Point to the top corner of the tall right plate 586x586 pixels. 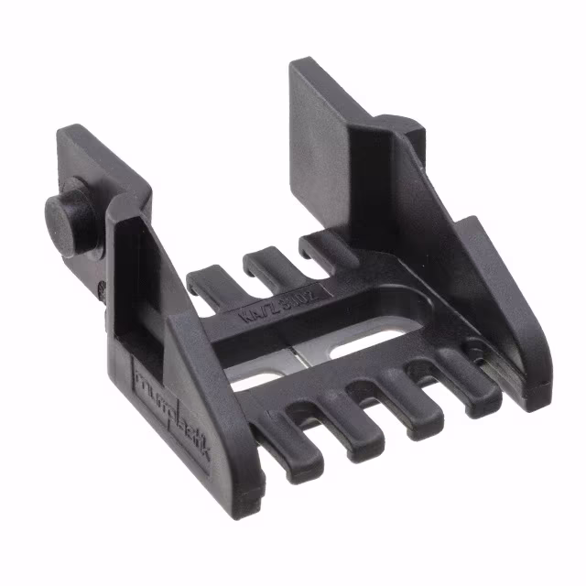pyautogui.click(x=298, y=66)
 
